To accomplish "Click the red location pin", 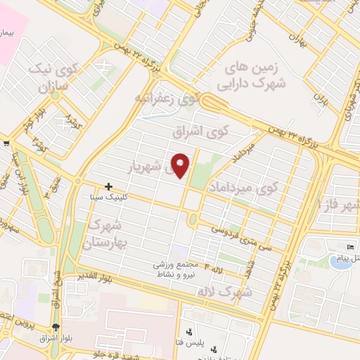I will (x=181, y=165).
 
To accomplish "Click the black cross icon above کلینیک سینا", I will (x=108, y=187).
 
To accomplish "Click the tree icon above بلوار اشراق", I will (x=56, y=327).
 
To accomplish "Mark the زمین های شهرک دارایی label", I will (x=259, y=76).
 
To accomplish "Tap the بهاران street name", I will (x=302, y=42).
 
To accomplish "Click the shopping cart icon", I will (x=6, y=144).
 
